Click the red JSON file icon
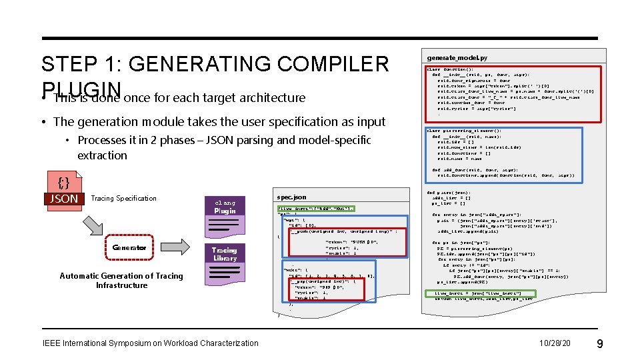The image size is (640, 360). (63, 190)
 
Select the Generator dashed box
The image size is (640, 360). (129, 247)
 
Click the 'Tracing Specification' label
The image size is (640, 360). (123, 198)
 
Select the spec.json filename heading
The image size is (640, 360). (291, 197)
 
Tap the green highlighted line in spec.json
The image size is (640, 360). (315, 208)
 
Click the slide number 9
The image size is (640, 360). (600, 343)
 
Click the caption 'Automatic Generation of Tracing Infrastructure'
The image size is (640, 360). (121, 281)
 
